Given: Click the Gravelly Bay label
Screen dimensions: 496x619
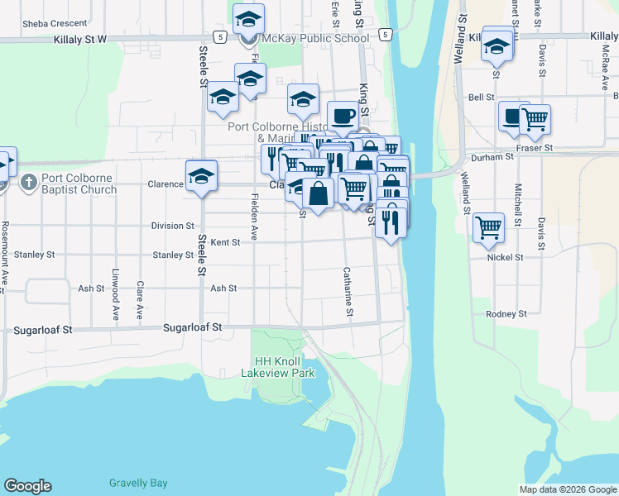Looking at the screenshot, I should (138, 483).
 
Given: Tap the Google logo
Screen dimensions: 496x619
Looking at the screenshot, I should (27, 486).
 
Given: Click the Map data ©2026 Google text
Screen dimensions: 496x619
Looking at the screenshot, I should (567, 489).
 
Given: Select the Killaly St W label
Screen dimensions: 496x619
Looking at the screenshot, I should (80, 39).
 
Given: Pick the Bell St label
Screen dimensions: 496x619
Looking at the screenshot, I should (481, 97).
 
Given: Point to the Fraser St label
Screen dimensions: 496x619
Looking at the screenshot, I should (534, 148).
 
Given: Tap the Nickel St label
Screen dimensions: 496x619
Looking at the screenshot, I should (506, 257).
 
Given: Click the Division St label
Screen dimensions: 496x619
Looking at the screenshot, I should (172, 226).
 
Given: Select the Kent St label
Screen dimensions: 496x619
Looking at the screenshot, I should (225, 243).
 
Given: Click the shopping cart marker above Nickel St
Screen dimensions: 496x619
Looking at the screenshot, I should (489, 227).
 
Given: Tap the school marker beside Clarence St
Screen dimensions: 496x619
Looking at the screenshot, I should (201, 176).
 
